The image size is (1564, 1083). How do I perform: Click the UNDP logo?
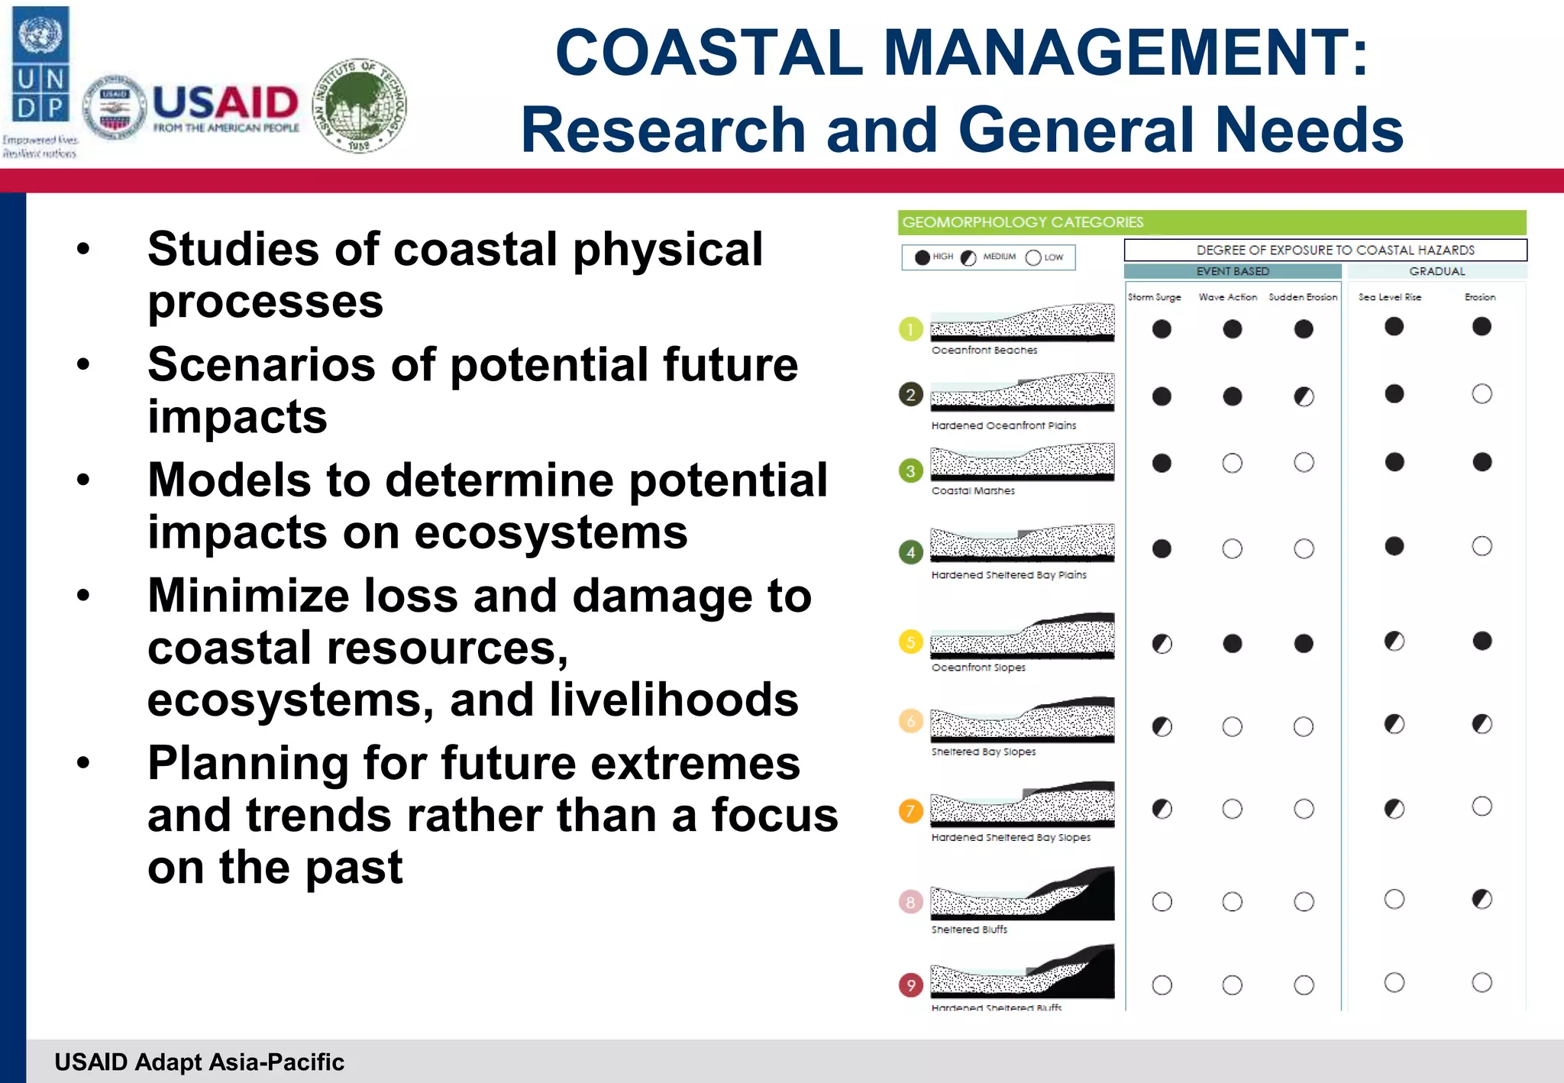tap(41, 65)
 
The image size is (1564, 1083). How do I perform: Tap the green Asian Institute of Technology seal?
tap(360, 105)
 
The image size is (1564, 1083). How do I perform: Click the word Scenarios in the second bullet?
tap(259, 365)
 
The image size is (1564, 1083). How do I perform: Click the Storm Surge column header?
tap(1154, 297)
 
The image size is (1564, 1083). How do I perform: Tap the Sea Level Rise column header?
tap(1389, 297)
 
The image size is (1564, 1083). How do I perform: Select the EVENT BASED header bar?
tap(1232, 271)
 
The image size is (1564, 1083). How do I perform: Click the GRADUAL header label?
tap(1436, 271)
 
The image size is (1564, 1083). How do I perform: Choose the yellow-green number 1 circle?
tap(910, 329)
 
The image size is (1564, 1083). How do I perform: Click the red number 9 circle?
tap(910, 985)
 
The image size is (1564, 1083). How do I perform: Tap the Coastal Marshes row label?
tap(973, 491)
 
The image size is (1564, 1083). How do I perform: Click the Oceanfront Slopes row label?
tap(978, 668)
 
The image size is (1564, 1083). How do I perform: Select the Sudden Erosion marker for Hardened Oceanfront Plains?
tap(1304, 396)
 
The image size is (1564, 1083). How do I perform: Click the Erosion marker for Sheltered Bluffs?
tap(1482, 899)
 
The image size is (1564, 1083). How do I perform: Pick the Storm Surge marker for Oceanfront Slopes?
tap(1162, 644)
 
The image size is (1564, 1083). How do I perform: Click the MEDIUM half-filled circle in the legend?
tap(968, 257)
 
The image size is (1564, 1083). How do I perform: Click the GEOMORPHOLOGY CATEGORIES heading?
tap(1023, 222)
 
